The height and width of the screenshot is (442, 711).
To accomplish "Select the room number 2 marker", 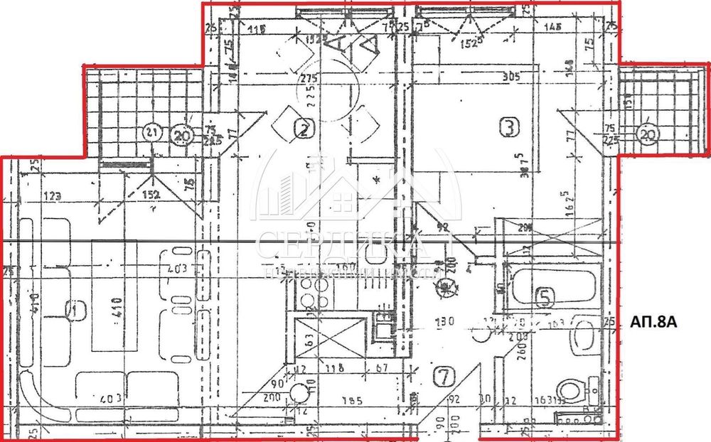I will tap(304, 129).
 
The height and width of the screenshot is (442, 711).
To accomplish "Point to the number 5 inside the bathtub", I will tap(545, 297).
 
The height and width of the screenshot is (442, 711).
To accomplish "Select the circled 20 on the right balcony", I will tap(646, 136).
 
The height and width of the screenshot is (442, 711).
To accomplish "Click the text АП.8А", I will tap(651, 323).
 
